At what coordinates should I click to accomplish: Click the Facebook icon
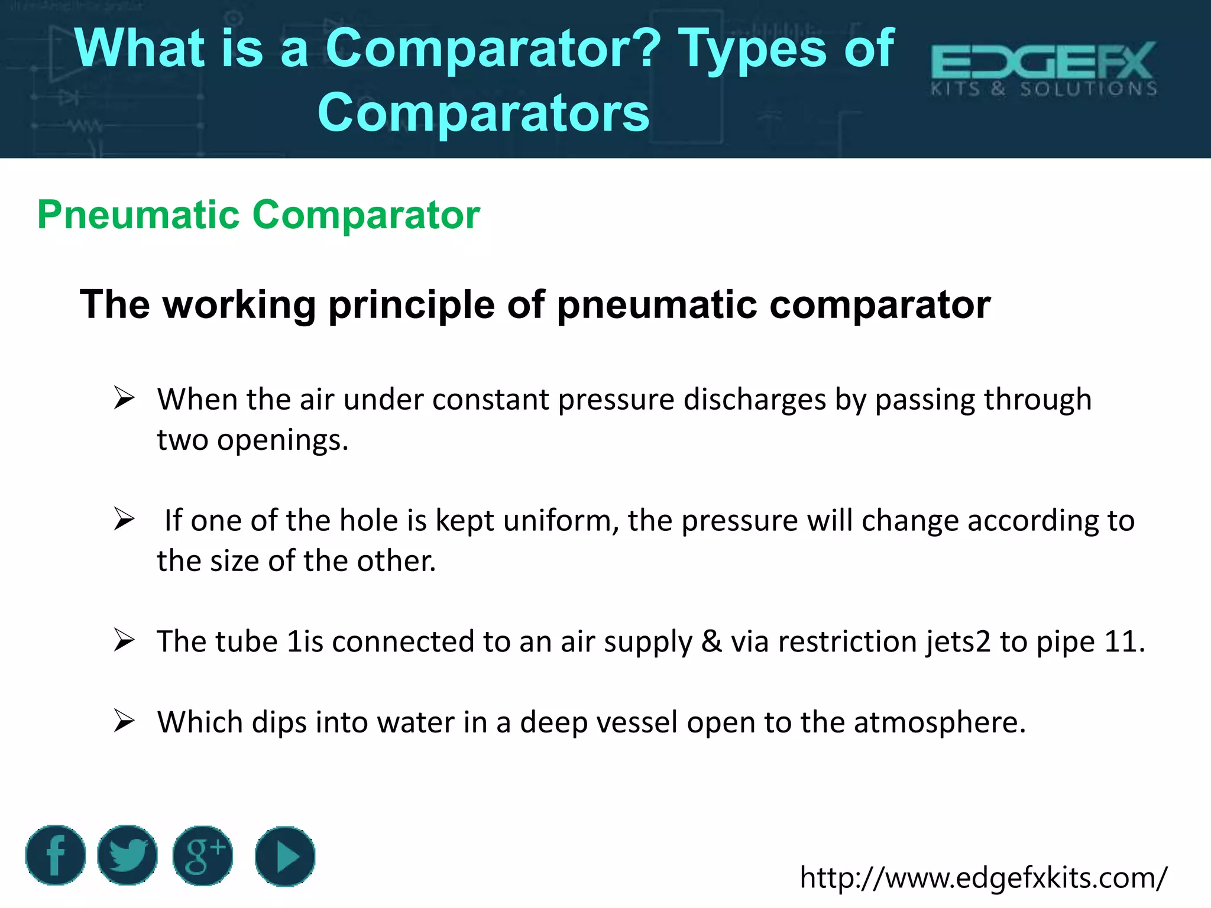pyautogui.click(x=56, y=855)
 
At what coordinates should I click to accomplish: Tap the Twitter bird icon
pyautogui.click(x=127, y=855)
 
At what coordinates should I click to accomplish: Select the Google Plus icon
pyautogui.click(x=202, y=855)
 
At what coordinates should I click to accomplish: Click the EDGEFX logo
pyautogui.click(x=1044, y=69)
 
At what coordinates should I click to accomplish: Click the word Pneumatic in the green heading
pyautogui.click(x=138, y=215)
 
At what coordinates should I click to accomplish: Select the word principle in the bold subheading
pyautogui.click(x=411, y=305)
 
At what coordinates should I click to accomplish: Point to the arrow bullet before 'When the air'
pyautogui.click(x=124, y=398)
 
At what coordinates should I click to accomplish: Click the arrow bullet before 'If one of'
pyautogui.click(x=124, y=519)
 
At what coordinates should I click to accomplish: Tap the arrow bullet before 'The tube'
pyautogui.click(x=124, y=640)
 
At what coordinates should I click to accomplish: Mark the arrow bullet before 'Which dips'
pyautogui.click(x=124, y=721)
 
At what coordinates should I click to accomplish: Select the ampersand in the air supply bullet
pyautogui.click(x=711, y=642)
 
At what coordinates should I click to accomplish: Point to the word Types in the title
pyautogui.click(x=752, y=48)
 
